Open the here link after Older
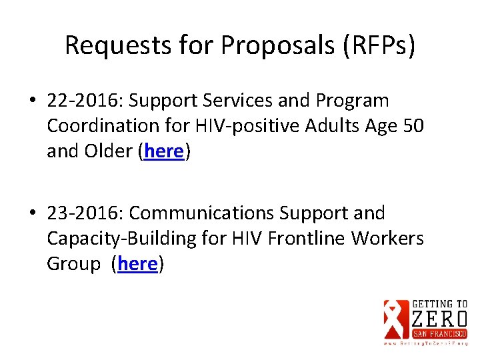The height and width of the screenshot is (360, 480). pyautogui.click(x=163, y=151)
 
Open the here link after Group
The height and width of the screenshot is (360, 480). pyautogui.click(x=137, y=264)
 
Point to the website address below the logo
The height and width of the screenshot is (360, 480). pyautogui.click(x=425, y=343)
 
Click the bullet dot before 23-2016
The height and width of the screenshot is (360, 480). pyautogui.click(x=33, y=213)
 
